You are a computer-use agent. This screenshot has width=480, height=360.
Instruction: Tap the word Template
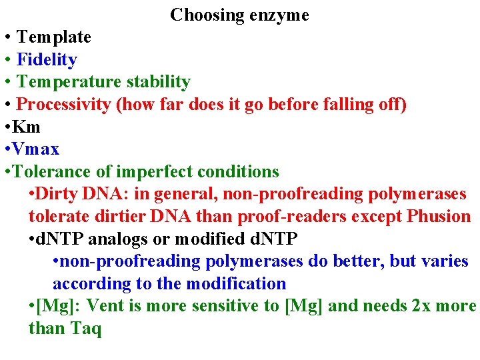53,37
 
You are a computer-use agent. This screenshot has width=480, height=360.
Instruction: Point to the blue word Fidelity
47,59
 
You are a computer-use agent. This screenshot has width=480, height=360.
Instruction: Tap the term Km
29,127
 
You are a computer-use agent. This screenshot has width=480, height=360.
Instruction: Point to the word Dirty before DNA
57,194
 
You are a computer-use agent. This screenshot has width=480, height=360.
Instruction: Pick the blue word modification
236,283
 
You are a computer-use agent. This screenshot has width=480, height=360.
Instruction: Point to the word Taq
86,328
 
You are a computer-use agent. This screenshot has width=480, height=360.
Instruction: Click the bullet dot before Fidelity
7,59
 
